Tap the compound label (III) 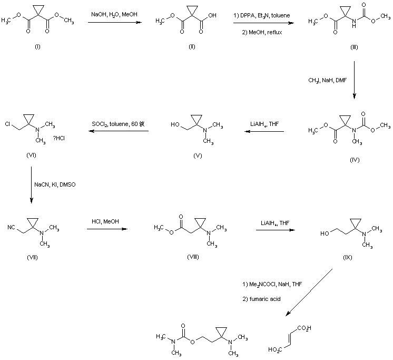[x=354, y=47]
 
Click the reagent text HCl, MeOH [x=107, y=223]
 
